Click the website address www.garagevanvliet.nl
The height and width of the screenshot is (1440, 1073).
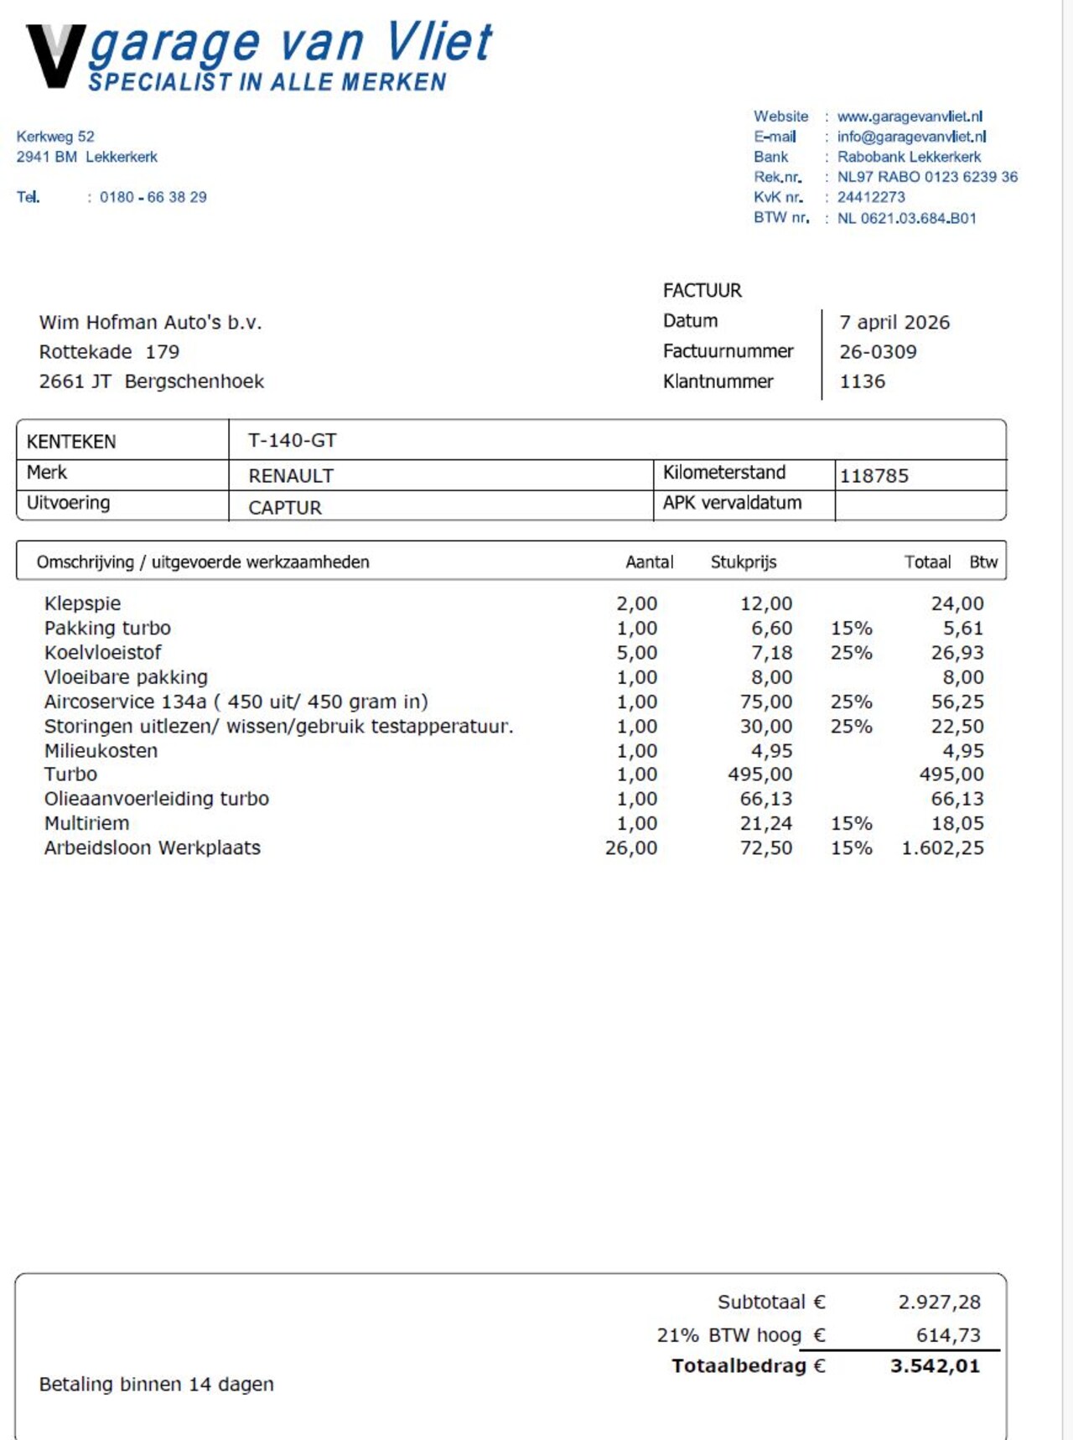click(910, 117)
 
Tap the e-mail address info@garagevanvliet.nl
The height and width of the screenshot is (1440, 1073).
click(911, 137)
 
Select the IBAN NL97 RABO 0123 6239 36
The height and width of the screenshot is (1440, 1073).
click(927, 177)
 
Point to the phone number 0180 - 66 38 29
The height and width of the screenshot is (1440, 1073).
click(153, 197)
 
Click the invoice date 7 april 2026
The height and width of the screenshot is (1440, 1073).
click(894, 323)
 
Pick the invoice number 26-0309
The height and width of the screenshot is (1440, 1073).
click(878, 352)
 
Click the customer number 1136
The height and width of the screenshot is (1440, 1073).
click(862, 381)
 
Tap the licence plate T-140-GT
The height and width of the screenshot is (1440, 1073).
click(292, 440)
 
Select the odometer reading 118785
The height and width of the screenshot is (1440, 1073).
click(873, 476)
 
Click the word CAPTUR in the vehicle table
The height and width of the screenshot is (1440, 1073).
click(285, 508)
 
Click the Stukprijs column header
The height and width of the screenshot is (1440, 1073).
click(743, 562)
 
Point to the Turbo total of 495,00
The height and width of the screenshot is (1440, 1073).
click(951, 774)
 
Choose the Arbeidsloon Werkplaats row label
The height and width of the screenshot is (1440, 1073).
click(152, 848)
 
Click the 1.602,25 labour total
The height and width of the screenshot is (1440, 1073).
click(942, 848)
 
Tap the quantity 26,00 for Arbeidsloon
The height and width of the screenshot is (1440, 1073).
click(630, 848)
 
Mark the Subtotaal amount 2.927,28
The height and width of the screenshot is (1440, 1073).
click(939, 1302)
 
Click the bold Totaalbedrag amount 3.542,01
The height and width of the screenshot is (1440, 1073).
click(935, 1366)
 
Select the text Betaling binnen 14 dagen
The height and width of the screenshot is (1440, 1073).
click(156, 1384)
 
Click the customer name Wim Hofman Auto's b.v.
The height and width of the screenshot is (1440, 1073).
click(150, 323)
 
